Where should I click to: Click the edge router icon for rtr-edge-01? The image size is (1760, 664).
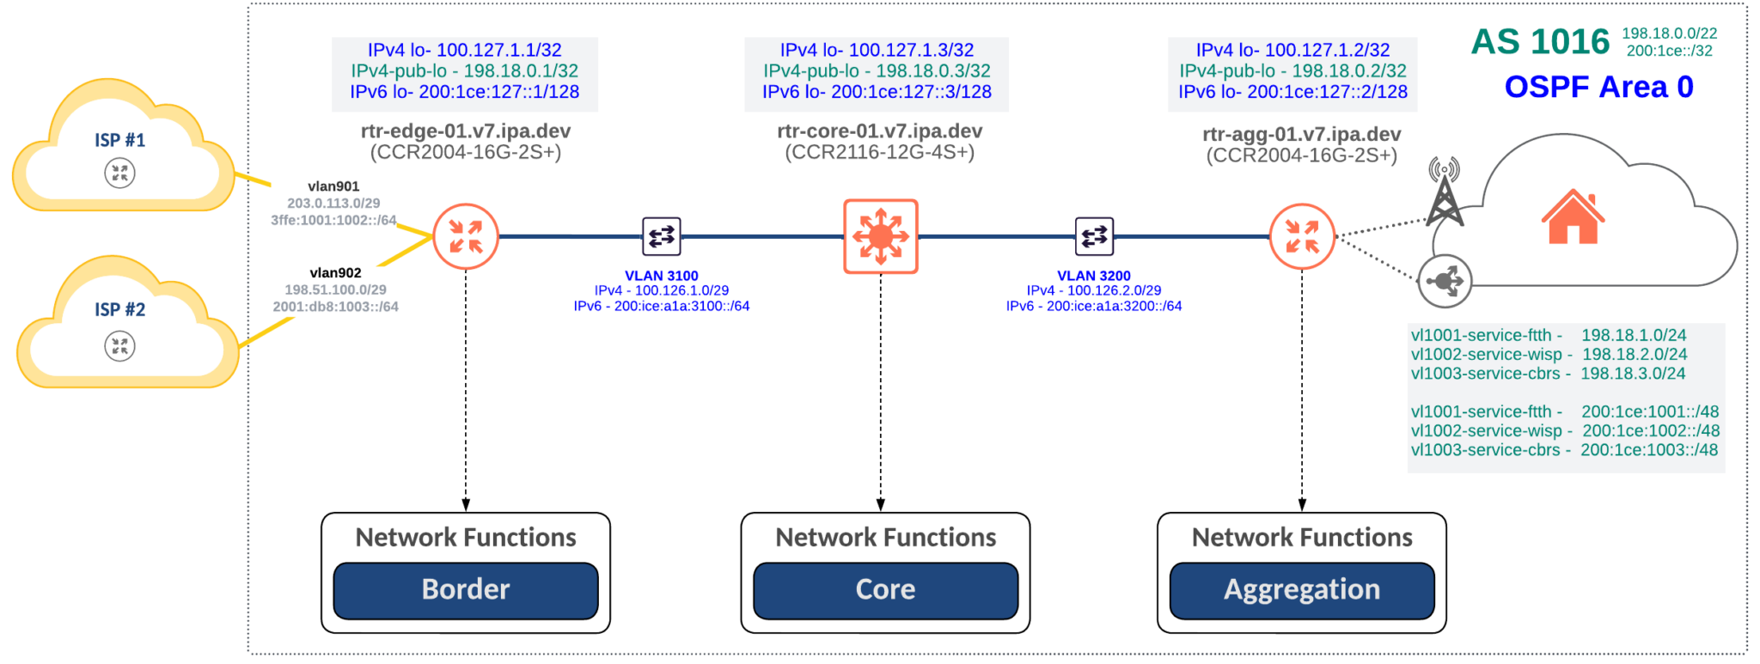coord(465,236)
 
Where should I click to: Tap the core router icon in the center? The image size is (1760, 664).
coord(881,236)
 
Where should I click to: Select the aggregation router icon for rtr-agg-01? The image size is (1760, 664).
coord(1302,236)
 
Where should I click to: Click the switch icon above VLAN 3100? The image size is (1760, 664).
coord(662,236)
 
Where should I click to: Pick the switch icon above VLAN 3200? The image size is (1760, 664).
coord(1094,236)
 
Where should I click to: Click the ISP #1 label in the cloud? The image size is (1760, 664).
coord(119,140)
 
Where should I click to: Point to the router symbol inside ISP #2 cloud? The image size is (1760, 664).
coord(119,346)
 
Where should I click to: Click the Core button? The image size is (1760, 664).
coord(885,590)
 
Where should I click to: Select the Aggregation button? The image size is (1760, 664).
coord(1301,590)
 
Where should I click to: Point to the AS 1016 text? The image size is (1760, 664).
coord(1540,41)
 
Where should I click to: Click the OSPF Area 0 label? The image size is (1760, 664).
coord(1598,87)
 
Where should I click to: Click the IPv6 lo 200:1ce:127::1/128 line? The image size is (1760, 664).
coord(465,91)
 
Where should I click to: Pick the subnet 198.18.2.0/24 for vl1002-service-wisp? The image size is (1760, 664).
coord(1635,354)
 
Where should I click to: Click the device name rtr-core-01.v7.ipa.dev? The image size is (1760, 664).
coord(879,131)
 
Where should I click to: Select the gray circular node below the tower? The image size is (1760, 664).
coord(1445,281)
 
